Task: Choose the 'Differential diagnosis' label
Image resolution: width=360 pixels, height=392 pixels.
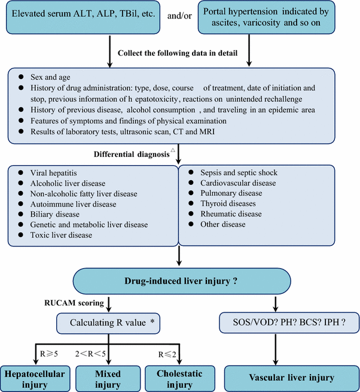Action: tap(132, 154)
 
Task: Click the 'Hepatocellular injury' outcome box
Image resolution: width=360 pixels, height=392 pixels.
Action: tap(35, 378)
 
